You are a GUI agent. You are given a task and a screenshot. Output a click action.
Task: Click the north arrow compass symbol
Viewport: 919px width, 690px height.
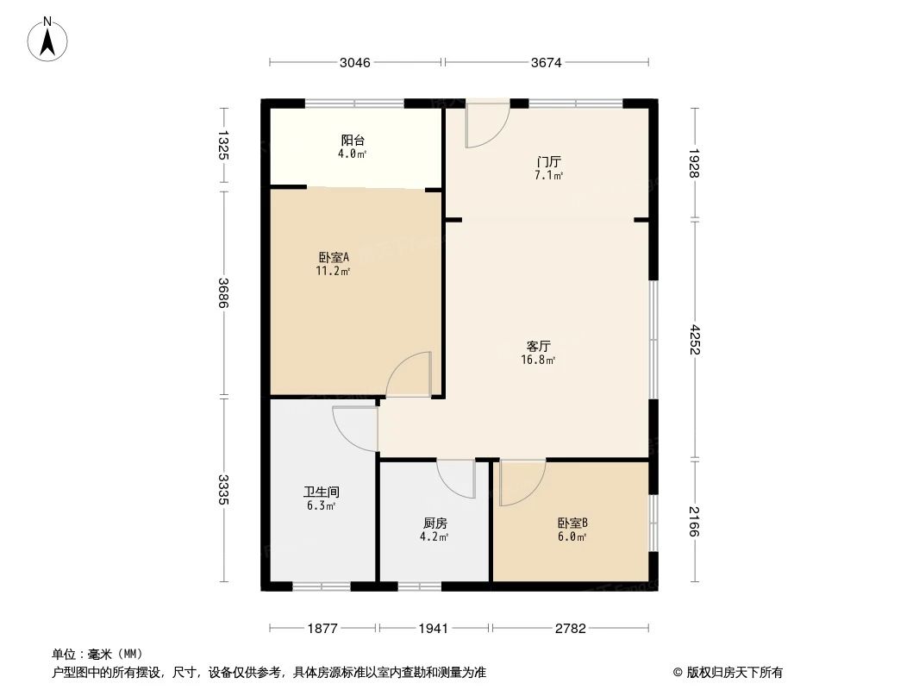(x=48, y=39)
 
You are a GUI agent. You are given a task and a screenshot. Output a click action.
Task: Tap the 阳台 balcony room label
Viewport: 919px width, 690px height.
(x=352, y=141)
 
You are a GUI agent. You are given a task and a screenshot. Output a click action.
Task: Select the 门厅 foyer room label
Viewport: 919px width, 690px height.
(x=548, y=161)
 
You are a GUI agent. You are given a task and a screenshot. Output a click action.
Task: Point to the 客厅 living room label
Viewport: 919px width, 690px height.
(x=539, y=347)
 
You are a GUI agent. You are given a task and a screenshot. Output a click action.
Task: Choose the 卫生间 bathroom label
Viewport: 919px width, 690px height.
(x=321, y=492)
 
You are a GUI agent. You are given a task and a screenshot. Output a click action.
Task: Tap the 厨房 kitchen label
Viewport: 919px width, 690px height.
(x=434, y=524)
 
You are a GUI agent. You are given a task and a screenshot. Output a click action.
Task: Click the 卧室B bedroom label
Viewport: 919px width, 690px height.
(x=572, y=523)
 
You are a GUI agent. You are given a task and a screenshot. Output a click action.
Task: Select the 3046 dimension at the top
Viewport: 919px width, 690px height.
(x=355, y=62)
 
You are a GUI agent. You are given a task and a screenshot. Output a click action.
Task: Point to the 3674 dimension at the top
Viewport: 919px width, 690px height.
(x=547, y=62)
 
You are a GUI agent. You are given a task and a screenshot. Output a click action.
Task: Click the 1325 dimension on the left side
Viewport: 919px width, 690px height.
(x=224, y=144)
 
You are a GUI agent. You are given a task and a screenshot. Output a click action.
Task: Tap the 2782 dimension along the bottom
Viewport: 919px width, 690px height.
(x=570, y=629)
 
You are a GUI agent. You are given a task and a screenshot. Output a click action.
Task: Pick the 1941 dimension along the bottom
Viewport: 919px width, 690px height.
(x=434, y=629)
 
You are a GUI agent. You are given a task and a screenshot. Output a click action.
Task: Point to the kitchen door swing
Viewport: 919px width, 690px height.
(x=456, y=479)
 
